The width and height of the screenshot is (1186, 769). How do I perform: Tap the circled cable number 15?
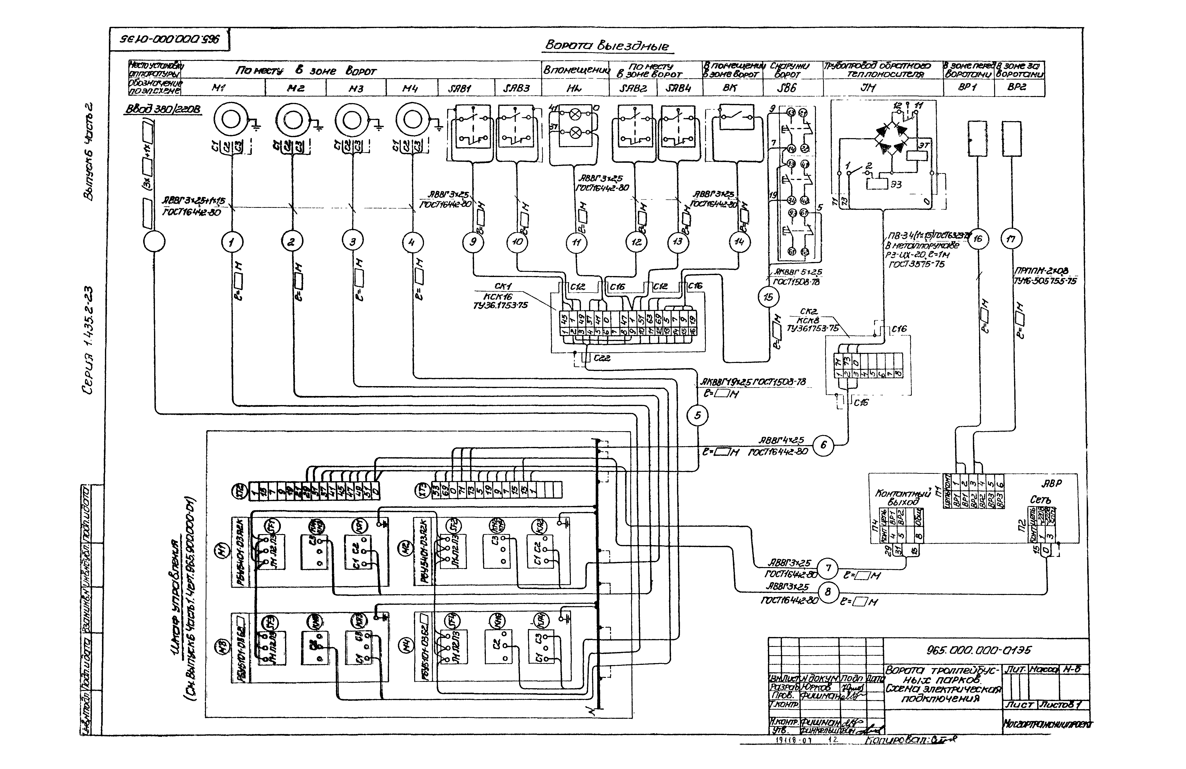[768, 297]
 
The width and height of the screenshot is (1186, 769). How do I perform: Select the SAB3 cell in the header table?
[516, 88]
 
